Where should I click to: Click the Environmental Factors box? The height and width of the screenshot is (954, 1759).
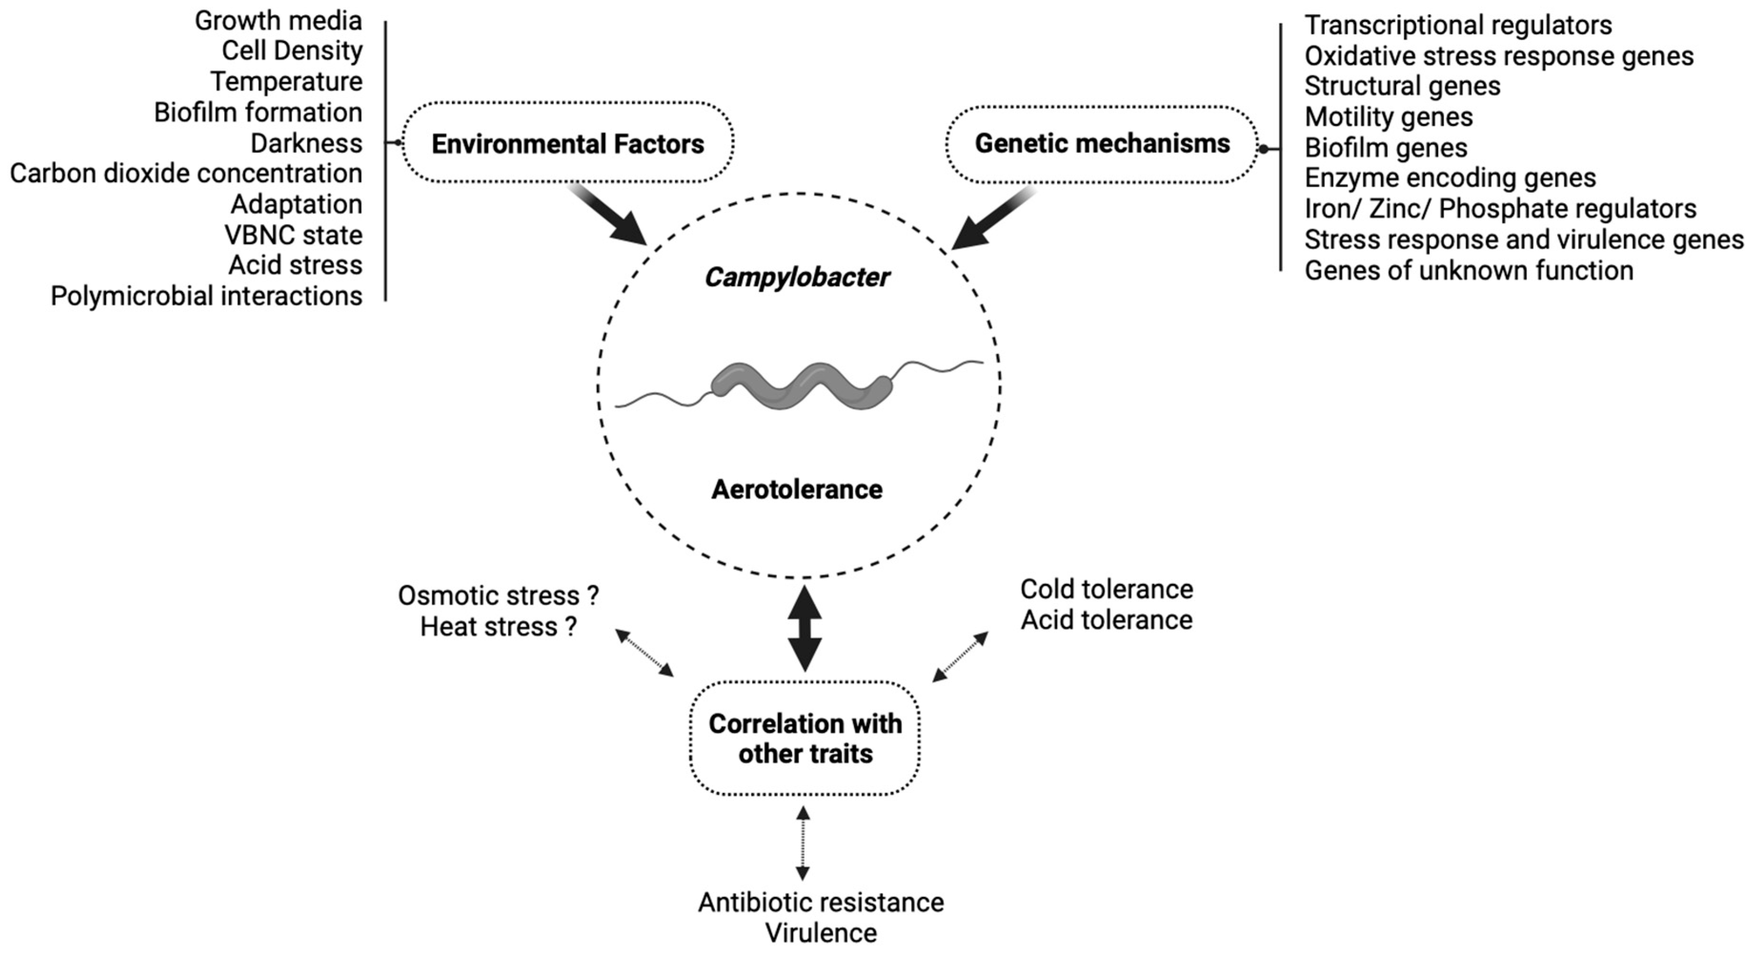[567, 143]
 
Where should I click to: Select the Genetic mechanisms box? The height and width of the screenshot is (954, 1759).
[1102, 143]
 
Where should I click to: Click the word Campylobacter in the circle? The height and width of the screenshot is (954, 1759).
[797, 277]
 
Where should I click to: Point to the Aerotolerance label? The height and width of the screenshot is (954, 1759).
[797, 490]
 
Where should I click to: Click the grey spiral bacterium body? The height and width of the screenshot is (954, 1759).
[800, 386]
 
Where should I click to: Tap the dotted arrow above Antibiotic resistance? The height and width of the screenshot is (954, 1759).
[803, 843]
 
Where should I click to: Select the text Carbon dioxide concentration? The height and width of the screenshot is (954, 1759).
[186, 173]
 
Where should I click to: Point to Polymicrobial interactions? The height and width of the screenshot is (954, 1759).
[206, 296]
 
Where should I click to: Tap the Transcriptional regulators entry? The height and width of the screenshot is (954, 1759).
[1458, 25]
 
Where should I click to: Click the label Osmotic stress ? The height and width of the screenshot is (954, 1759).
[498, 596]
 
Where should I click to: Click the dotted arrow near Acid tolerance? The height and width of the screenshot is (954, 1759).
[960, 656]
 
